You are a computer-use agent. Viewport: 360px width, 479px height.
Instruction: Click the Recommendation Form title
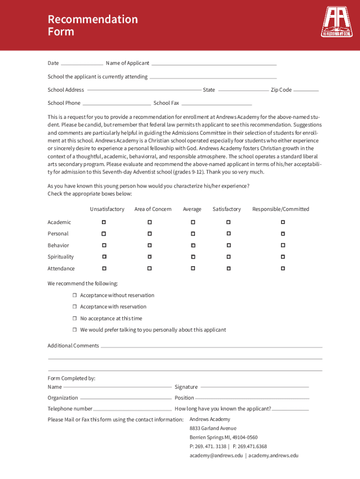[x=93, y=25]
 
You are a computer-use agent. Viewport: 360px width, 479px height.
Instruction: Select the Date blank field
[x=82, y=64]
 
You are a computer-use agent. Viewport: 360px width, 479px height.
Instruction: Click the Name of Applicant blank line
[x=214, y=64]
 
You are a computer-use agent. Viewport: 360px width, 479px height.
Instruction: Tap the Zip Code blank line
[x=306, y=90]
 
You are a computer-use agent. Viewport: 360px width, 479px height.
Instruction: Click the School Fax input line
[x=216, y=104]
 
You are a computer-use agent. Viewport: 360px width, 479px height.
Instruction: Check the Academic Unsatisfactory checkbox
[x=104, y=222]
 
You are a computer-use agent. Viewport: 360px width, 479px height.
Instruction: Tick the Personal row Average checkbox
[x=192, y=233]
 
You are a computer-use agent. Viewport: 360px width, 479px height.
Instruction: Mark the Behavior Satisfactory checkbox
[x=229, y=245]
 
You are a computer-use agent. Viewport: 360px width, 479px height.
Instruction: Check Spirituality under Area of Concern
[x=150, y=256]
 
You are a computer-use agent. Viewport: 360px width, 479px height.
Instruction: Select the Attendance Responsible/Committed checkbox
[x=283, y=269]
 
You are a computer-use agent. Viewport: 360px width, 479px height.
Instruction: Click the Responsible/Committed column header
[x=281, y=209]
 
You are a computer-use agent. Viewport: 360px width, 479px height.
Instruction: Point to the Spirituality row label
[x=60, y=257]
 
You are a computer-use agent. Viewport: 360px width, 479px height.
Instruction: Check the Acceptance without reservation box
[x=74, y=295]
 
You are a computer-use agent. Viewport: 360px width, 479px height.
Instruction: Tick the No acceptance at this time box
[x=74, y=318]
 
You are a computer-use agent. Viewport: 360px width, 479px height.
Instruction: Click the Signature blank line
[x=254, y=387]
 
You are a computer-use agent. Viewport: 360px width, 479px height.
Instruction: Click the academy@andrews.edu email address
[x=216, y=455]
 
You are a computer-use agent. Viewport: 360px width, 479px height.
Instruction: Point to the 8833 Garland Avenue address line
[x=213, y=428]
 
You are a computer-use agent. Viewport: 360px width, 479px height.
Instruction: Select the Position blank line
[x=252, y=399]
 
